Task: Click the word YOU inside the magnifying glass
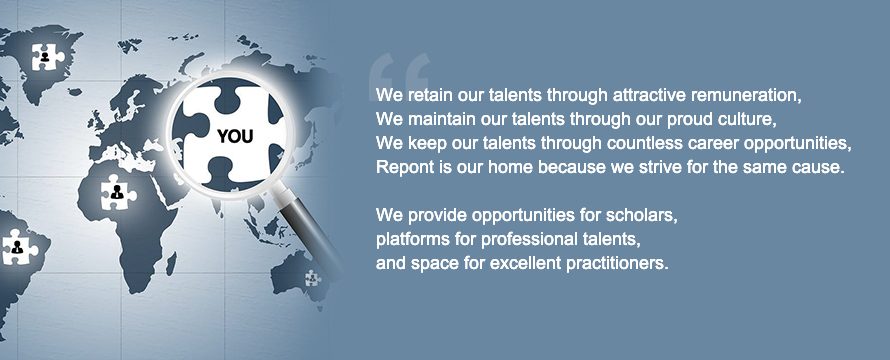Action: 235,136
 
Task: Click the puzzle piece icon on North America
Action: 46,57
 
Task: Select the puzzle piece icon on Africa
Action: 117,192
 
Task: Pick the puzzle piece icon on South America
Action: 18,247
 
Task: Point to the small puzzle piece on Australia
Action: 312,278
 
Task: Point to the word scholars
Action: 641,216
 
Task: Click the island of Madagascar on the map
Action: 170,263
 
